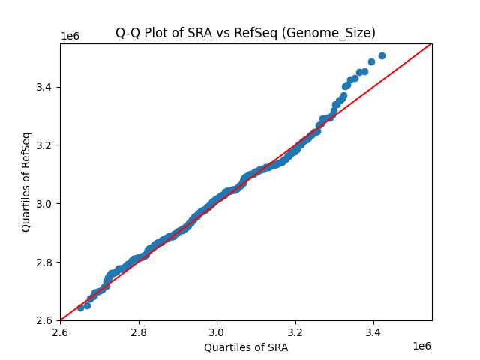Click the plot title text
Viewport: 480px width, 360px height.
coord(245,33)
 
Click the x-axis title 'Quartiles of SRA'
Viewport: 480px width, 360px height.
coord(245,347)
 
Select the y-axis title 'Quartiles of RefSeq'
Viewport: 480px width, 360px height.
coord(26,181)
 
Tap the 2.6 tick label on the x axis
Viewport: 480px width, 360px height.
coord(60,331)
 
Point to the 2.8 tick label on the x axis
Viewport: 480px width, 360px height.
coord(139,331)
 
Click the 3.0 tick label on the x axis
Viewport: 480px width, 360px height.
coord(217,331)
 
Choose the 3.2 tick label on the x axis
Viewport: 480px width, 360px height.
coord(295,331)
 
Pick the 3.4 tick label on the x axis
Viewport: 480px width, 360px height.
coord(373,331)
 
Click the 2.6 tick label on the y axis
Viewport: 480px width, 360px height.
coord(46,320)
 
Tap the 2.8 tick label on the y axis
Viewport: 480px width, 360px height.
coord(46,262)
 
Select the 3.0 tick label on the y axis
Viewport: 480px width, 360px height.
coord(46,203)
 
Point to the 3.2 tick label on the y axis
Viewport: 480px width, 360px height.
coord(46,145)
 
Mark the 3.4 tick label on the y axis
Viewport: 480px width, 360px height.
coord(46,87)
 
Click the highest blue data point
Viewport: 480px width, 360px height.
coord(382,55)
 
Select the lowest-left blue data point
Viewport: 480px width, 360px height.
coord(80,307)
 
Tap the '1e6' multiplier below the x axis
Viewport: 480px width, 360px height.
coord(421,346)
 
